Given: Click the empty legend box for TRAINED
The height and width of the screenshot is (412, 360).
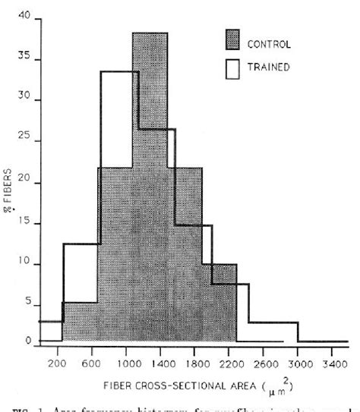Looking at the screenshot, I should [238, 68].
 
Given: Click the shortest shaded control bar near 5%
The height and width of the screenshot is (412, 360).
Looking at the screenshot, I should [80, 322].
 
